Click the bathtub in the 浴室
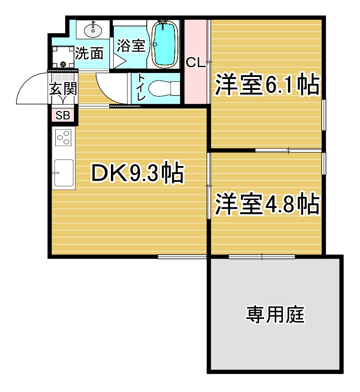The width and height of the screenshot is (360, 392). [x=164, y=44]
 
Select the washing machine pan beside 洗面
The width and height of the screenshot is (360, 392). [x=63, y=57]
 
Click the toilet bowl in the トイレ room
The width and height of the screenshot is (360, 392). [x=164, y=88]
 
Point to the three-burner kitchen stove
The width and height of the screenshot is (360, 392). [x=63, y=138]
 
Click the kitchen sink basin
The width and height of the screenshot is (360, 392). [x=64, y=173]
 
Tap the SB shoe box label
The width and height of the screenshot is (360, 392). [x=63, y=115]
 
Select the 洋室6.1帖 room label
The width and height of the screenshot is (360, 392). [x=267, y=84]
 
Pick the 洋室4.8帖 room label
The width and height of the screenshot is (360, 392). [x=267, y=204]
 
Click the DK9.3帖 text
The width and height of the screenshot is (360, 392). [x=138, y=173]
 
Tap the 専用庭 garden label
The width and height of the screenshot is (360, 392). [x=275, y=314]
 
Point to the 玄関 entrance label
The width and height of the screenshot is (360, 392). [x=63, y=89]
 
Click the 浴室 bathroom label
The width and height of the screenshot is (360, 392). [x=131, y=45]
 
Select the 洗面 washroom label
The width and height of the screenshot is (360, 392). [x=89, y=53]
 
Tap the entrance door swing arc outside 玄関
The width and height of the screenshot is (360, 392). [x=28, y=82]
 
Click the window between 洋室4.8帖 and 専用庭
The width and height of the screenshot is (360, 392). [x=262, y=256]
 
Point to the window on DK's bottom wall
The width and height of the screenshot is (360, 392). [x=182, y=256]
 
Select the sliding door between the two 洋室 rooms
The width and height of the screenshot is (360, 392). [x=288, y=150]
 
